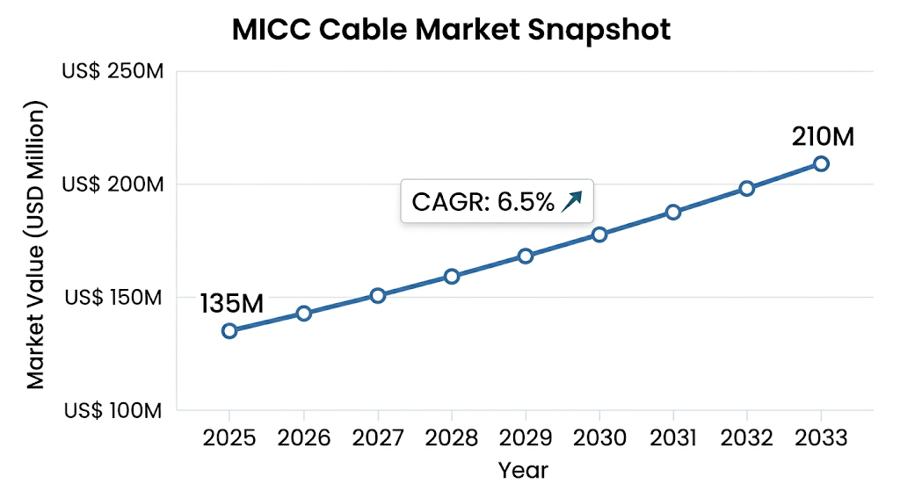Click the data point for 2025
pyautogui.click(x=229, y=330)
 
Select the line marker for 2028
pyautogui.click(x=452, y=276)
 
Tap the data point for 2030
pyautogui.click(x=599, y=235)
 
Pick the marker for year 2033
pyautogui.click(x=821, y=163)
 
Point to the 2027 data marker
pyautogui.click(x=378, y=295)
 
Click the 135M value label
pyautogui.click(x=232, y=304)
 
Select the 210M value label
pyautogui.click(x=823, y=137)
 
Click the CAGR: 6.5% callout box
pyautogui.click(x=497, y=203)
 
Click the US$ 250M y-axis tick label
pyautogui.click(x=112, y=72)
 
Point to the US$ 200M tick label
pyautogui.click(x=112, y=184)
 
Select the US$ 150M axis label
pyautogui.click(x=112, y=298)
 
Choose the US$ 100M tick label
pyautogui.click(x=112, y=410)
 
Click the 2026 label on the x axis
pyautogui.click(x=303, y=438)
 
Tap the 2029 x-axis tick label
pyautogui.click(x=526, y=438)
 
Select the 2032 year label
pyautogui.click(x=747, y=438)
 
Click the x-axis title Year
pyautogui.click(x=523, y=470)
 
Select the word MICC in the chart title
pyautogui.click(x=272, y=30)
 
